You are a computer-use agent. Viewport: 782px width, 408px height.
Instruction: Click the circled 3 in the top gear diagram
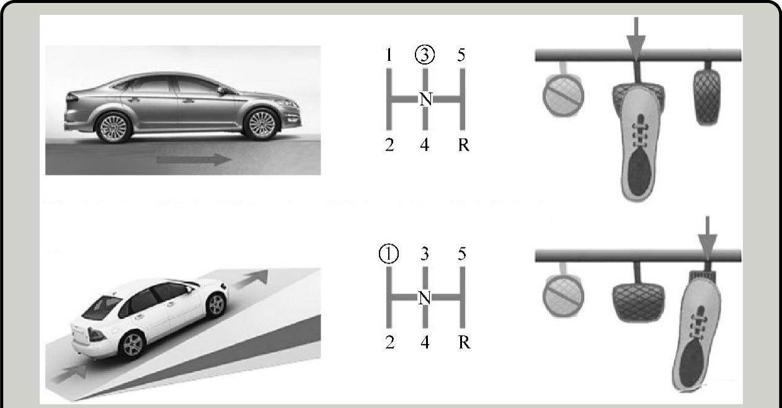tap(425, 55)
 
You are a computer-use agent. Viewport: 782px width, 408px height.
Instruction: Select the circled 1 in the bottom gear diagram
tap(389, 254)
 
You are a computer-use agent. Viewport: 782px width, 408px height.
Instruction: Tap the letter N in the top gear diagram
tap(425, 99)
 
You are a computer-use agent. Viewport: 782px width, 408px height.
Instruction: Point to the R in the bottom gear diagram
tap(464, 343)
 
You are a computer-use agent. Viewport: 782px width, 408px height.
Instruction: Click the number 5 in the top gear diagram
tap(461, 55)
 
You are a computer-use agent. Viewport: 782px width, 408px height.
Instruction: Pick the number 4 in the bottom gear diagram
tap(425, 343)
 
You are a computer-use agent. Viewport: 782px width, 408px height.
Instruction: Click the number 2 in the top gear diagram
tap(389, 145)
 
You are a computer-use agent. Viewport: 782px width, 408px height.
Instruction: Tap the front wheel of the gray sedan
tap(262, 124)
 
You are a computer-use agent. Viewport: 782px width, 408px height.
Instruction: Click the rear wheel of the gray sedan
tap(113, 127)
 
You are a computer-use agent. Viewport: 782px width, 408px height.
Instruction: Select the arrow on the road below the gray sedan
tap(193, 159)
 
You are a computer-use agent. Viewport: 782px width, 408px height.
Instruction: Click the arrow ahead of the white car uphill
tap(251, 279)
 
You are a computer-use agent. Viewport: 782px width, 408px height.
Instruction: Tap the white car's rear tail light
tap(96, 335)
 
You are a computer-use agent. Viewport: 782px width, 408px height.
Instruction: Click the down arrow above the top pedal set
tap(636, 38)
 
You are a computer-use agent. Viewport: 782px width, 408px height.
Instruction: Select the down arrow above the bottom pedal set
tap(708, 237)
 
